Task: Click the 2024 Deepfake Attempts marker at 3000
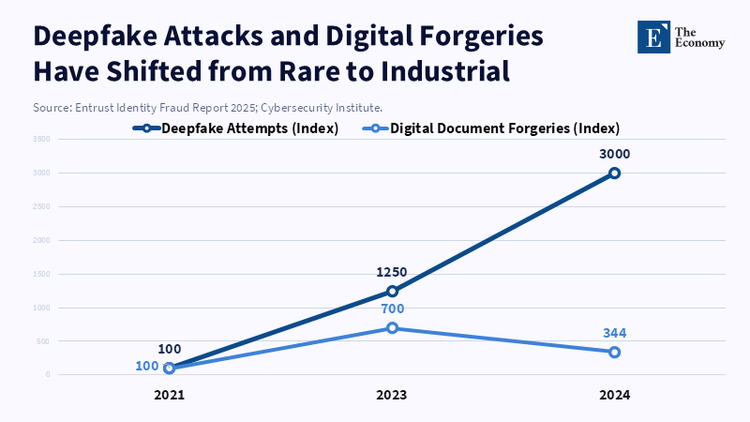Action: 614,173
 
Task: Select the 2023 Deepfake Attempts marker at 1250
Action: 392,292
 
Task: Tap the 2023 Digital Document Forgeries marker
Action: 392,328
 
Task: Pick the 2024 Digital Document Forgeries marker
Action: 614,352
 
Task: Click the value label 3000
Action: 614,154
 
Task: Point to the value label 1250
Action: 392,272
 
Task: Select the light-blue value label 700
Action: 392,309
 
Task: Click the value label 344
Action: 614,333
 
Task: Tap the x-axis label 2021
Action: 170,396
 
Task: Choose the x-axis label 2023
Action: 392,396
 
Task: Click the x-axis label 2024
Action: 614,396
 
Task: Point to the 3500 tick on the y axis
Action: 40,139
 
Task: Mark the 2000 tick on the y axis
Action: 40,240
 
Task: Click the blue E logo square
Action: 652,36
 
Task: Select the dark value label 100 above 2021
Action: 170,349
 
